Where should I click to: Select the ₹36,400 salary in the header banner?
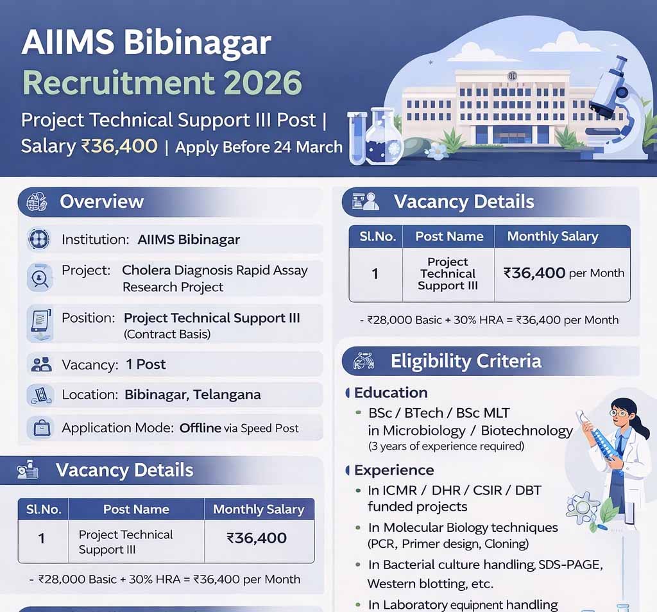coord(119,146)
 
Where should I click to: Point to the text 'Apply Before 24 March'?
coord(259,147)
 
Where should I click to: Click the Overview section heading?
coord(101,201)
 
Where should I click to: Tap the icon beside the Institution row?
coord(38,239)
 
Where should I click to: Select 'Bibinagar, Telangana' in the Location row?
coord(192,395)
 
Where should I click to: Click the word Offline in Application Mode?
coord(200,428)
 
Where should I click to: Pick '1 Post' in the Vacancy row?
coord(146,364)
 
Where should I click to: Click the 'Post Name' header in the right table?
coord(449,236)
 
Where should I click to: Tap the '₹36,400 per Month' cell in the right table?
coord(563,273)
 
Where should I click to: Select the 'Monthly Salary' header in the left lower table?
coord(259,509)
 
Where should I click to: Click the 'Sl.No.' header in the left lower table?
coord(44,509)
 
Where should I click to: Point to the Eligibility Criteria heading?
coord(466,361)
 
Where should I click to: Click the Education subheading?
coord(390,393)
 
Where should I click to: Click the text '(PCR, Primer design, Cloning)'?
coord(448,544)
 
